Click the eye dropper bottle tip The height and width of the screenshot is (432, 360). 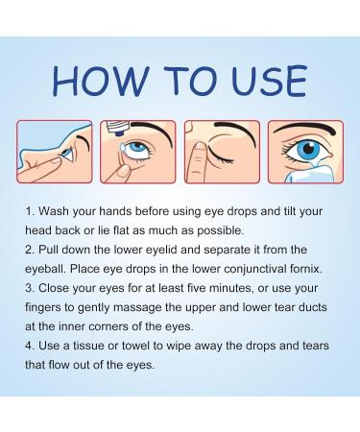[x=119, y=132]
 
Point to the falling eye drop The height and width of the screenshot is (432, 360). [x=122, y=148]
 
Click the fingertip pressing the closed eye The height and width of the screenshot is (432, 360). [x=200, y=151]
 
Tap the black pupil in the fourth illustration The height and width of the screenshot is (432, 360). [x=308, y=148]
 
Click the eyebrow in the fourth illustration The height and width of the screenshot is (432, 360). [x=304, y=129]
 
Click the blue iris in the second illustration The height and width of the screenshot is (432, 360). [x=137, y=148]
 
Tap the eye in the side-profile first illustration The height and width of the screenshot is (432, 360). [x=68, y=154]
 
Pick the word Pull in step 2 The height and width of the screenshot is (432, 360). [x=49, y=250]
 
